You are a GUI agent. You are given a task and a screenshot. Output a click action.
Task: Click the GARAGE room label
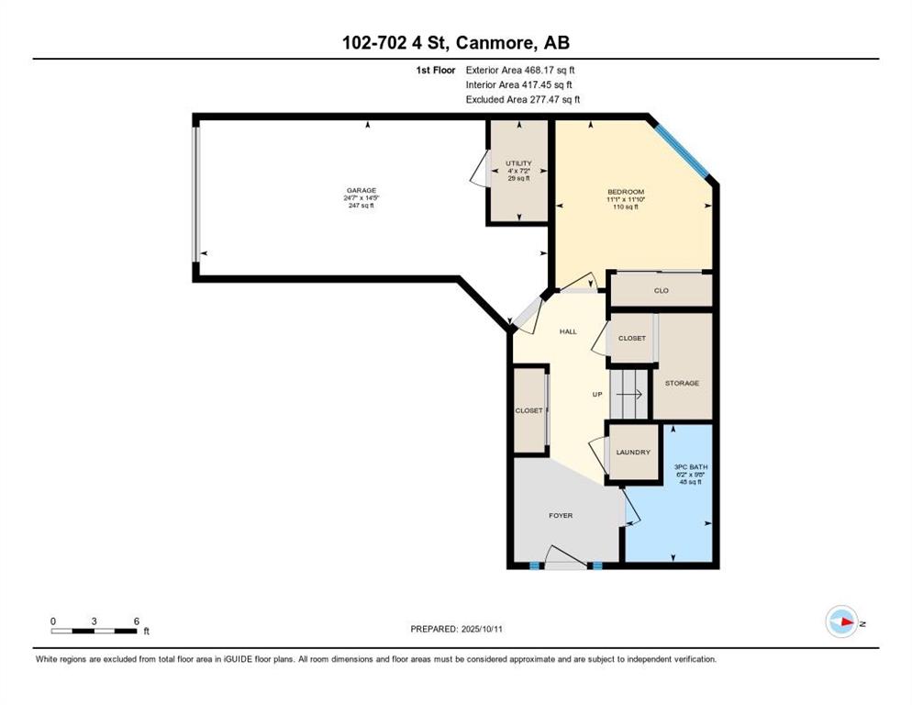(x=361, y=190)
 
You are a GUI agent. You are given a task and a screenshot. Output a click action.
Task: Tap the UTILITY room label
(x=518, y=163)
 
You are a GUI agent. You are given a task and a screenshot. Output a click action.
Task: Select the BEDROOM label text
(x=626, y=192)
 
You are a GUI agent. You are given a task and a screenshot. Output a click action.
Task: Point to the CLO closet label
(x=662, y=290)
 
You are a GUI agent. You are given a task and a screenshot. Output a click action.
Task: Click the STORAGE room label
(x=683, y=383)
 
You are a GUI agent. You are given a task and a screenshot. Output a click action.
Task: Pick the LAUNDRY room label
(x=633, y=453)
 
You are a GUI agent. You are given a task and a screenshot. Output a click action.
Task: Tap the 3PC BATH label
(x=691, y=467)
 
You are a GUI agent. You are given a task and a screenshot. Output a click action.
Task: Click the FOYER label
(x=561, y=515)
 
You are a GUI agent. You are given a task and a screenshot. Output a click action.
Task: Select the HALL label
(x=568, y=331)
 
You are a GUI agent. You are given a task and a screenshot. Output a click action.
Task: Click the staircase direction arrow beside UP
(x=629, y=395)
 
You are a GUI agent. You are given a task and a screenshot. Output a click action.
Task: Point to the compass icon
(x=841, y=621)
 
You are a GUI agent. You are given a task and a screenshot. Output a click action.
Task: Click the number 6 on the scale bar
(x=137, y=621)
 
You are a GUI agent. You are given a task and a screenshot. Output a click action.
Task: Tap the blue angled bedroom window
(x=679, y=147)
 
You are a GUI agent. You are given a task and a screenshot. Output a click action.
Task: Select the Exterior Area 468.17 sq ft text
(x=520, y=70)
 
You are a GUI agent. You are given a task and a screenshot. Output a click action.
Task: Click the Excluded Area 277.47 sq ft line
(x=523, y=99)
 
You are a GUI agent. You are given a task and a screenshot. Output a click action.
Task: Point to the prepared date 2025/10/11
(x=482, y=630)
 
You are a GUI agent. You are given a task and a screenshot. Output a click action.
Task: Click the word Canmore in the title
(x=494, y=42)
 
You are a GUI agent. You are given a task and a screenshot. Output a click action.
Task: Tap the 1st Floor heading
(x=436, y=70)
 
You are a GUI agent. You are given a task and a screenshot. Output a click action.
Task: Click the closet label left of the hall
(x=528, y=410)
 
